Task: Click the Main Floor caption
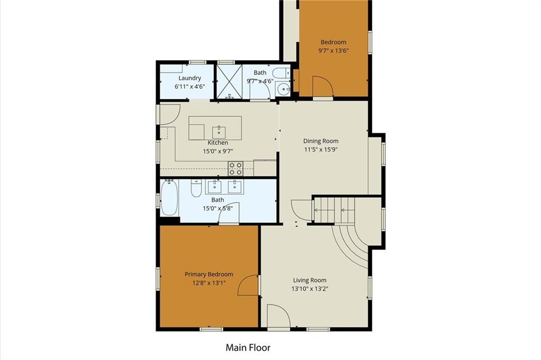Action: [x=248, y=347]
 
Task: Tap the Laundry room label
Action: [x=190, y=78]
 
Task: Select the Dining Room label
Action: [x=321, y=141]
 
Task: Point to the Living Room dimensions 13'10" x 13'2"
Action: [x=310, y=289]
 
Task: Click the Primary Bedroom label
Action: [x=209, y=274]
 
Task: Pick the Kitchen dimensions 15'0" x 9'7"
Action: [x=218, y=151]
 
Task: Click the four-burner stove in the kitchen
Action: [x=235, y=169]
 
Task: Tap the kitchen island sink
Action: [x=219, y=132]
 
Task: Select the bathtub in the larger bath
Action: [x=170, y=198]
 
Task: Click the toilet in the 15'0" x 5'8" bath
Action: [x=196, y=188]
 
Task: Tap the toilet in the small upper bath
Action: [x=282, y=73]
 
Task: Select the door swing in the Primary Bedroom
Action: [x=248, y=285]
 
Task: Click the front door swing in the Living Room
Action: [x=278, y=316]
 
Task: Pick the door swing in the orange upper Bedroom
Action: [x=323, y=86]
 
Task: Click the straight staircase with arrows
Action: [x=334, y=210]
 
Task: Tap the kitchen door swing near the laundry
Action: [x=170, y=114]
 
